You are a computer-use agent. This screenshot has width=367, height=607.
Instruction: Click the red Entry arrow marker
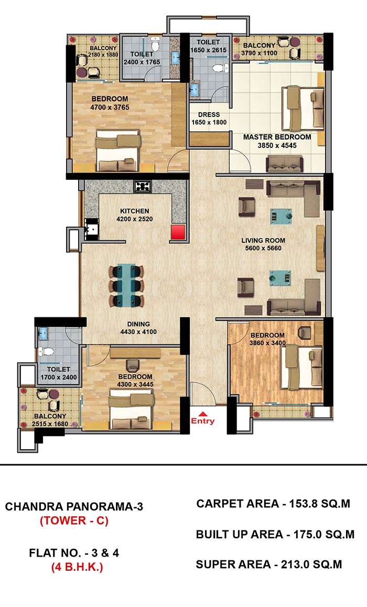(202, 413)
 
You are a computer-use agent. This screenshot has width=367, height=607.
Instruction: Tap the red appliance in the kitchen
(179, 232)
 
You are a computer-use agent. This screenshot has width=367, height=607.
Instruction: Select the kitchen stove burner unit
(142, 186)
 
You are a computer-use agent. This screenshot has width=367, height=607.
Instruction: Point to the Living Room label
(263, 240)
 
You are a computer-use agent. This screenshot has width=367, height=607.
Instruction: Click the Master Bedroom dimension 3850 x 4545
(277, 145)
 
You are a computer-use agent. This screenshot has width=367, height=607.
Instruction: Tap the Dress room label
(209, 114)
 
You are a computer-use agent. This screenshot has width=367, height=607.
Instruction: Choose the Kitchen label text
(135, 211)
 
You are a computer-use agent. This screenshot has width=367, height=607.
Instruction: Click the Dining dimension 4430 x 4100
(138, 332)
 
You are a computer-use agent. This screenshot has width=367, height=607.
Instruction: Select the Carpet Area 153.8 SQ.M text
(273, 504)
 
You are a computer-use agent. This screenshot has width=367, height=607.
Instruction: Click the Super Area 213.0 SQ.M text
(269, 565)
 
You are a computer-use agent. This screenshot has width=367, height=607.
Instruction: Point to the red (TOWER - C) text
(74, 520)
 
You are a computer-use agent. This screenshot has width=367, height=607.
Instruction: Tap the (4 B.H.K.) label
(77, 568)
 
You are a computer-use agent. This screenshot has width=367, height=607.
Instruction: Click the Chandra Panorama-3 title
(74, 506)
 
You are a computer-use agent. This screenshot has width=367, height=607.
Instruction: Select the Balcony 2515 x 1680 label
(50, 420)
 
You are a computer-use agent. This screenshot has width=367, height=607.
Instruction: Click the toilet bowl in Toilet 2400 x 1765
(156, 45)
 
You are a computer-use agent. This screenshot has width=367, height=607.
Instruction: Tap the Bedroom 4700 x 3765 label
(110, 103)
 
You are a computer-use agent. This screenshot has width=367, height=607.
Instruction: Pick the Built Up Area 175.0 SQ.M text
(275, 534)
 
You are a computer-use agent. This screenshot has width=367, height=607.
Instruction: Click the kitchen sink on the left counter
(91, 229)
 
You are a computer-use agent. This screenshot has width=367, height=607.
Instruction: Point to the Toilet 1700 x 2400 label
(59, 373)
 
